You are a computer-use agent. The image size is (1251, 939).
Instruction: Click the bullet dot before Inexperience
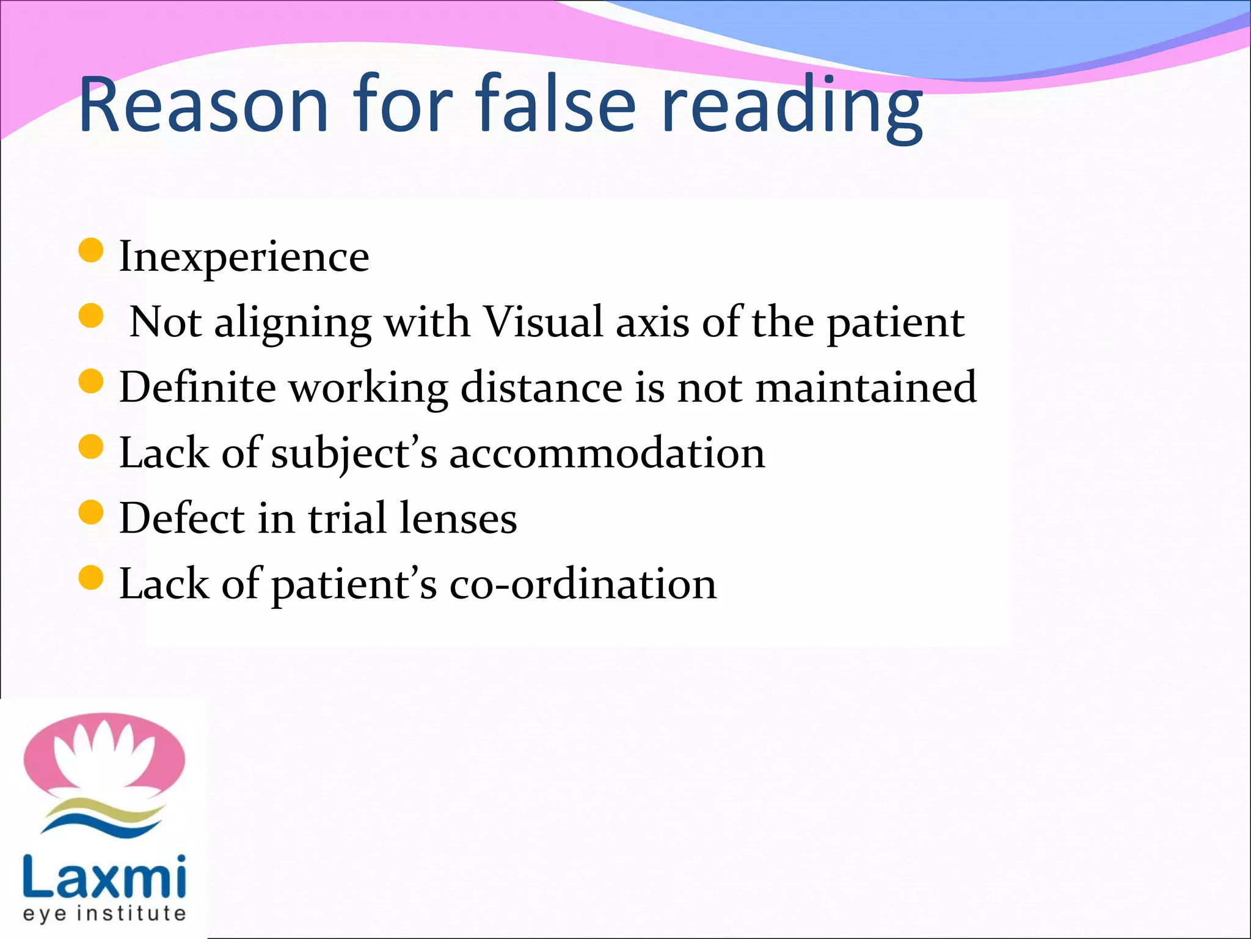pos(92,251)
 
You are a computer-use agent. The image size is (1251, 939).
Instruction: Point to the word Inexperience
pos(244,257)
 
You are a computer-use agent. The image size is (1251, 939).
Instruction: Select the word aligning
pos(293,324)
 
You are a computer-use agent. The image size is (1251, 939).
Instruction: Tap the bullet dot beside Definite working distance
pos(92,381)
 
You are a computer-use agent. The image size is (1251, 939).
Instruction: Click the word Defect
pos(181,518)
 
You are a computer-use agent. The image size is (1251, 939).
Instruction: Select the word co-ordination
pos(583,584)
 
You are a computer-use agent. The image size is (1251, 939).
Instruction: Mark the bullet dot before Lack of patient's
pos(92,578)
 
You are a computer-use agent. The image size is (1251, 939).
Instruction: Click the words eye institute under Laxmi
pos(104,913)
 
